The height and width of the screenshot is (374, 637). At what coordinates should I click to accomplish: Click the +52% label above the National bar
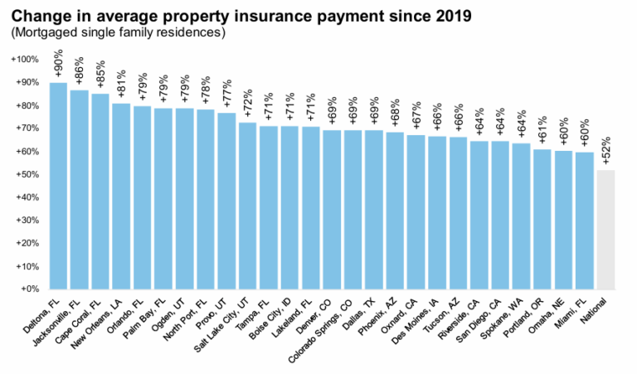[x=606, y=153]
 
